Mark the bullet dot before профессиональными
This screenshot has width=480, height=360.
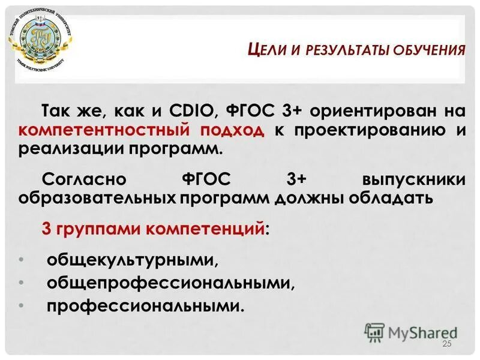tap(22, 305)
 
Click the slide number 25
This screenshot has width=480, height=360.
tap(446, 343)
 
